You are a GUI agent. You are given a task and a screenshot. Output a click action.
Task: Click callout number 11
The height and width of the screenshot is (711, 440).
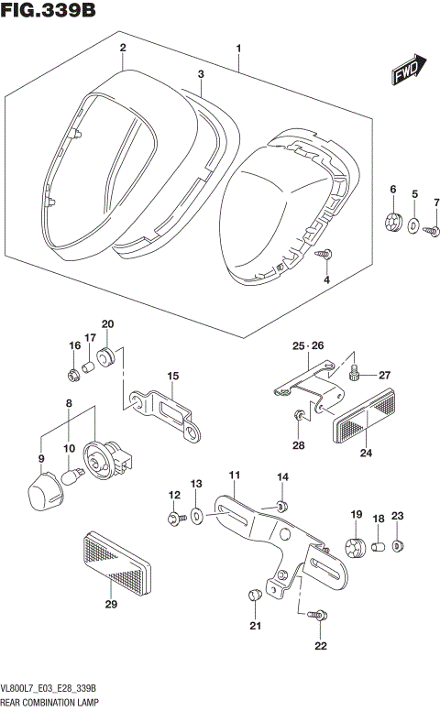point(234,475)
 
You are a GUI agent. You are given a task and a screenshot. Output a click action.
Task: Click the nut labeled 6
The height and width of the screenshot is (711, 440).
point(394,222)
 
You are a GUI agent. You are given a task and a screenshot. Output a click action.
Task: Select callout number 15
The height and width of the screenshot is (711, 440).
point(171,377)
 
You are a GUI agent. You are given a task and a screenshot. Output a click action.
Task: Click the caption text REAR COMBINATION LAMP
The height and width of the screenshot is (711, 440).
point(51,703)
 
